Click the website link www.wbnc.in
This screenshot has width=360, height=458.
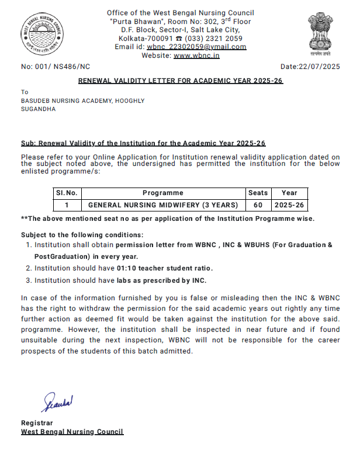pos(196,55)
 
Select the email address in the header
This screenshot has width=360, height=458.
pos(196,47)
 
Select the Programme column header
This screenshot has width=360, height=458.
pos(162,193)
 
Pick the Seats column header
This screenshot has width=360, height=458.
pos(258,193)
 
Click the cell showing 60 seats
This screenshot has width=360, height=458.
pos(258,205)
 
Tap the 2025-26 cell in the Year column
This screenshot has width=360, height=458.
pos(289,205)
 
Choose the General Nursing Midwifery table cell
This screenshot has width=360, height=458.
pos(162,205)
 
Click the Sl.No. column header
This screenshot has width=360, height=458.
pos(67,193)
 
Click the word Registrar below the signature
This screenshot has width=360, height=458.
pos(36,422)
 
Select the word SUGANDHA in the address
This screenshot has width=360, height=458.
pos(39,109)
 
